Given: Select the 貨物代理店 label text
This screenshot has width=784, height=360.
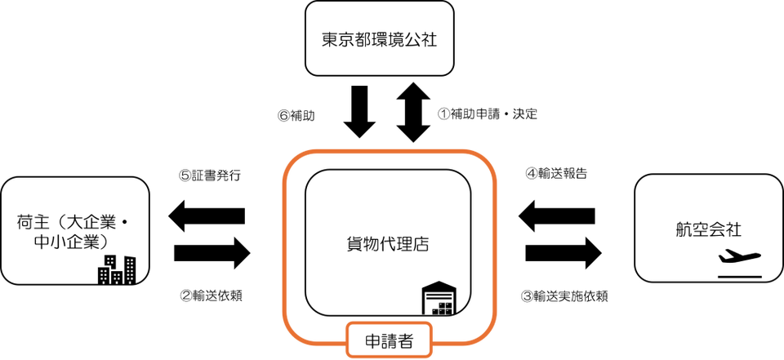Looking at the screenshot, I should click(x=388, y=243).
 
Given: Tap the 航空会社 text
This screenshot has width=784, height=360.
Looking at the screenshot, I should click(x=708, y=229).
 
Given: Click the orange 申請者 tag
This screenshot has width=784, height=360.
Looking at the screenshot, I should click(x=387, y=341).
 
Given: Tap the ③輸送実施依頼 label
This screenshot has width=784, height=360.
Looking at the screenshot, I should click(x=563, y=295).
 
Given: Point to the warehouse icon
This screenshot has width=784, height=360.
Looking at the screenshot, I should click(x=441, y=301).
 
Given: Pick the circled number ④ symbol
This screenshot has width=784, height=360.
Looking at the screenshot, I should click(x=532, y=172).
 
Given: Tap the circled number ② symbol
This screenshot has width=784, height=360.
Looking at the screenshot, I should click(x=185, y=295).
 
